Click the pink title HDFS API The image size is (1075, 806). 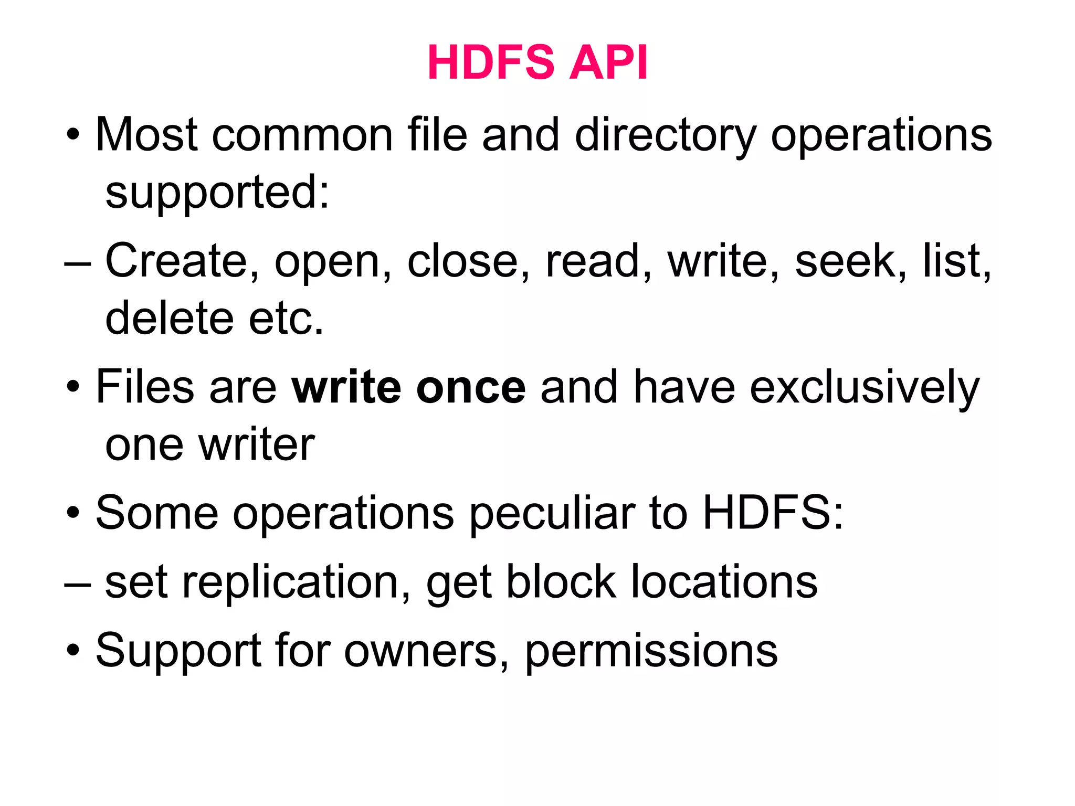[537, 62]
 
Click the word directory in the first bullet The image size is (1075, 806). [665, 136]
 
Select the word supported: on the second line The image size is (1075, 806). [217, 193]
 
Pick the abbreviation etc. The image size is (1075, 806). [286, 319]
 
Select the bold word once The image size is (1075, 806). [471, 388]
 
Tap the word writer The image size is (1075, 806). [257, 445]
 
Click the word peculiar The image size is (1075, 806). [551, 514]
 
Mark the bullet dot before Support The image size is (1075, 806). [73, 651]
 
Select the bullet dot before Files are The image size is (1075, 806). [73, 388]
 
